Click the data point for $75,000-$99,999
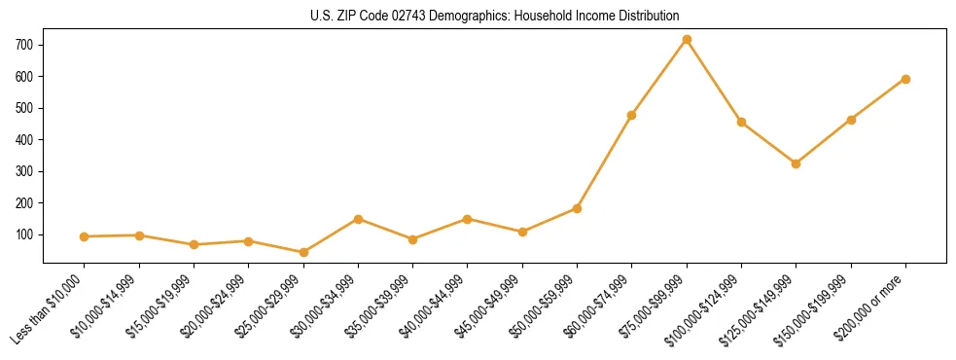tap(687, 39)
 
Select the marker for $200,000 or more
tap(905, 79)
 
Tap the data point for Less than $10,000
tap(85, 236)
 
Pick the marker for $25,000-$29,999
tap(303, 252)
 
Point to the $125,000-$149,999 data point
tap(796, 163)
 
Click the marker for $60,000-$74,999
tap(632, 115)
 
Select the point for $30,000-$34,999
tap(358, 219)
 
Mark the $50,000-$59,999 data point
tap(577, 208)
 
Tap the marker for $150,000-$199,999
tap(851, 120)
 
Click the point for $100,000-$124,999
tap(741, 122)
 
